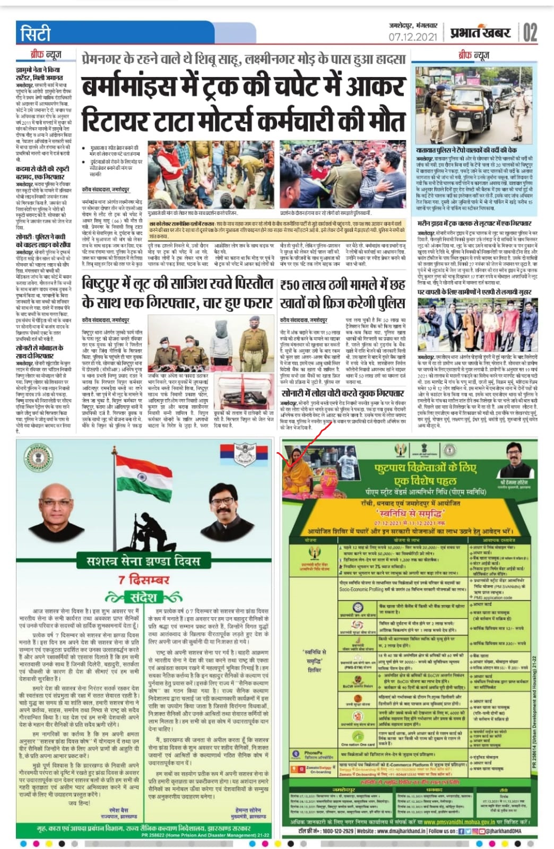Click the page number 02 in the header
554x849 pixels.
coord(530,32)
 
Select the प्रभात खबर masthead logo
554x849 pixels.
coord(480,33)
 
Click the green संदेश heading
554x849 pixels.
coord(143,597)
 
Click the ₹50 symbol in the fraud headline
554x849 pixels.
coord(290,286)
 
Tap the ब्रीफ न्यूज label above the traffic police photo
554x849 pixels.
coord(474,55)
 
